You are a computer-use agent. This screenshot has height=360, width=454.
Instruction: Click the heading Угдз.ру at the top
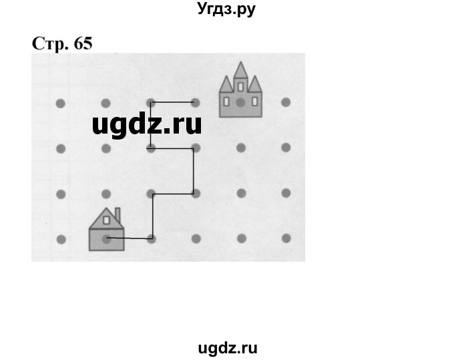226,10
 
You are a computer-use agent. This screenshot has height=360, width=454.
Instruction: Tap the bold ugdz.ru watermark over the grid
147,124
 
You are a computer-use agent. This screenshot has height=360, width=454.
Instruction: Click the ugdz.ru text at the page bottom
228,347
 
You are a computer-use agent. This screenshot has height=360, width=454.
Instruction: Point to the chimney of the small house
118,214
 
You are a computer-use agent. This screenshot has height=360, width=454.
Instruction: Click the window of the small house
105,220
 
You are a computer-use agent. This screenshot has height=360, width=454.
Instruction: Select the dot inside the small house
105,238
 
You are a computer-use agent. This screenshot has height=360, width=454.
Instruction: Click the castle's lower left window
226,102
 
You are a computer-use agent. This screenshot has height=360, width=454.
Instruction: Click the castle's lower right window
254,102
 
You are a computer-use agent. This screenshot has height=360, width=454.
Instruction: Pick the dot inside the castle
240,103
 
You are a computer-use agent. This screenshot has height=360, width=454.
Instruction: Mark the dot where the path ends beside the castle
196,103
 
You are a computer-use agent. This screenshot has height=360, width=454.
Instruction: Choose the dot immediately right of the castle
286,102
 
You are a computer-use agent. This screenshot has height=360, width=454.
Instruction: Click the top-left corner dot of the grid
60,103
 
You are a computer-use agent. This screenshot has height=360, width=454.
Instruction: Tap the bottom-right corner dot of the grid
286,238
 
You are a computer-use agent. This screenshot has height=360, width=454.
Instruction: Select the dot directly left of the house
60,238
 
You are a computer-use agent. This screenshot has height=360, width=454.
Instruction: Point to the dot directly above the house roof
105,194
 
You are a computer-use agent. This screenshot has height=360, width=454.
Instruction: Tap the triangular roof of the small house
101,218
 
